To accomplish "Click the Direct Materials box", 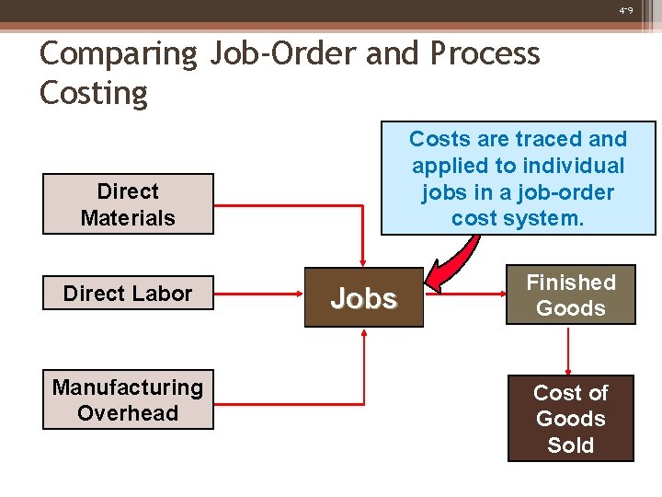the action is click(x=128, y=204).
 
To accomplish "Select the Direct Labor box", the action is click(x=128, y=294).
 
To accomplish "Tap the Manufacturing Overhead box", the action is click(x=128, y=400).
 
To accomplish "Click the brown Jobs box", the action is click(x=364, y=298).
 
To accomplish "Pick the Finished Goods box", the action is click(x=570, y=295).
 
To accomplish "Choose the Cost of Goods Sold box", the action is click(x=570, y=419).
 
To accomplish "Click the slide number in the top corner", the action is click(x=626, y=11).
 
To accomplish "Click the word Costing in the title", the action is click(x=93, y=94).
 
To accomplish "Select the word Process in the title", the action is click(x=485, y=54).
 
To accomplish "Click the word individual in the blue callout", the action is click(x=576, y=166).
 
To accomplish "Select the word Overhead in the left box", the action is click(x=128, y=413).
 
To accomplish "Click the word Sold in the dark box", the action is click(x=570, y=445).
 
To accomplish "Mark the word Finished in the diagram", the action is click(x=570, y=283).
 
